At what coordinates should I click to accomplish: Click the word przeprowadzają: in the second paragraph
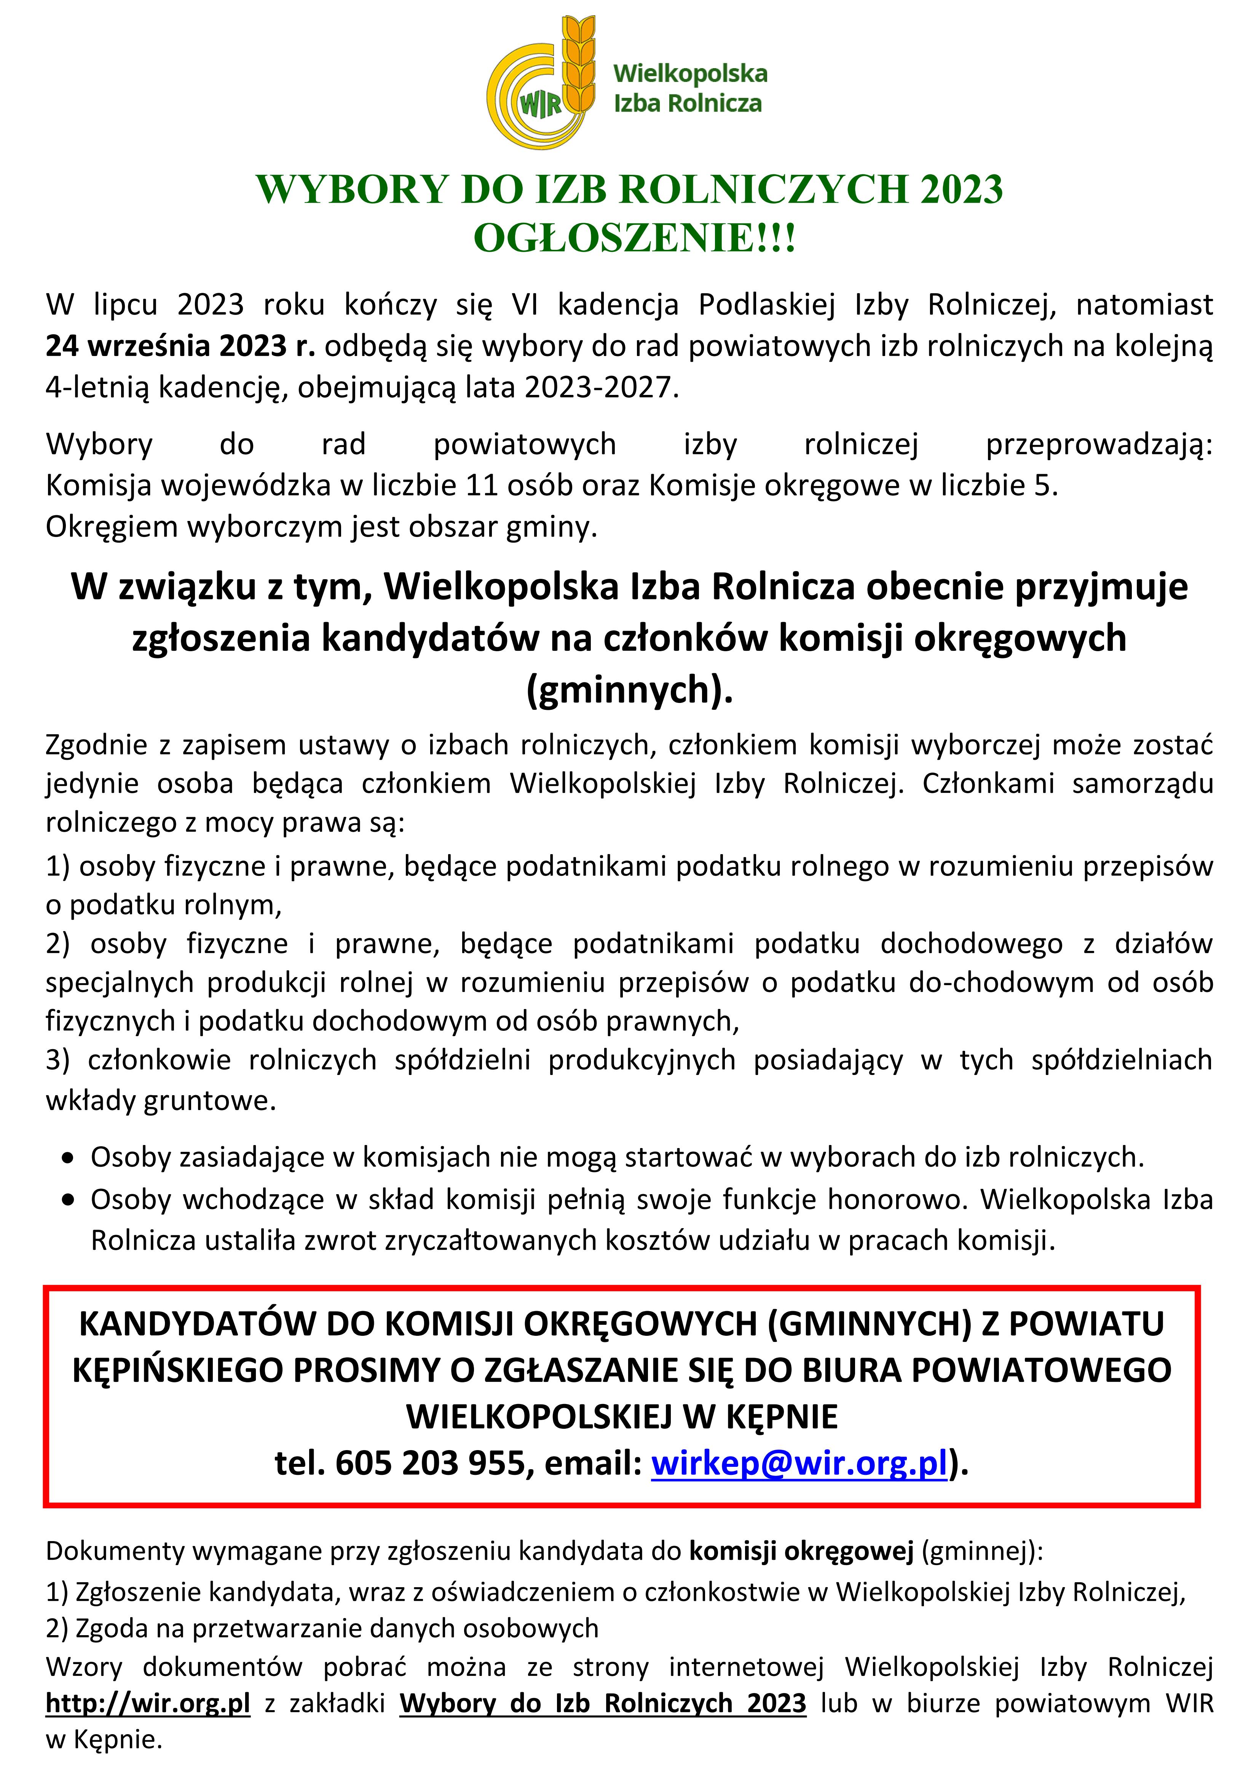coord(1098,444)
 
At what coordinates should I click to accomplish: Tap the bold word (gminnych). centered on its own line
coord(629,689)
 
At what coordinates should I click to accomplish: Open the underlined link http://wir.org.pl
coord(148,1703)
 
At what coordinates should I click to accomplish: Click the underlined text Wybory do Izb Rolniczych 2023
coord(603,1703)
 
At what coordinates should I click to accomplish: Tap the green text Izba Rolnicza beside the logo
coord(687,103)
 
